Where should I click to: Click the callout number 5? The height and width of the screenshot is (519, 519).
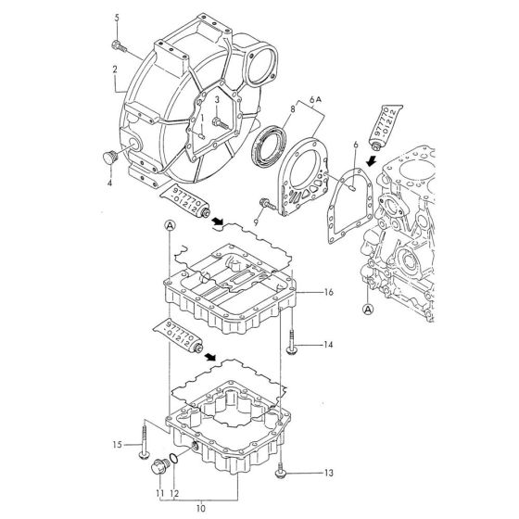coord(116,18)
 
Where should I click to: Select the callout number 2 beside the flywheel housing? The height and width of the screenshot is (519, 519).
coord(114,69)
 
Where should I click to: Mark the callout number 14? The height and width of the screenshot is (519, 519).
coord(327,345)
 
